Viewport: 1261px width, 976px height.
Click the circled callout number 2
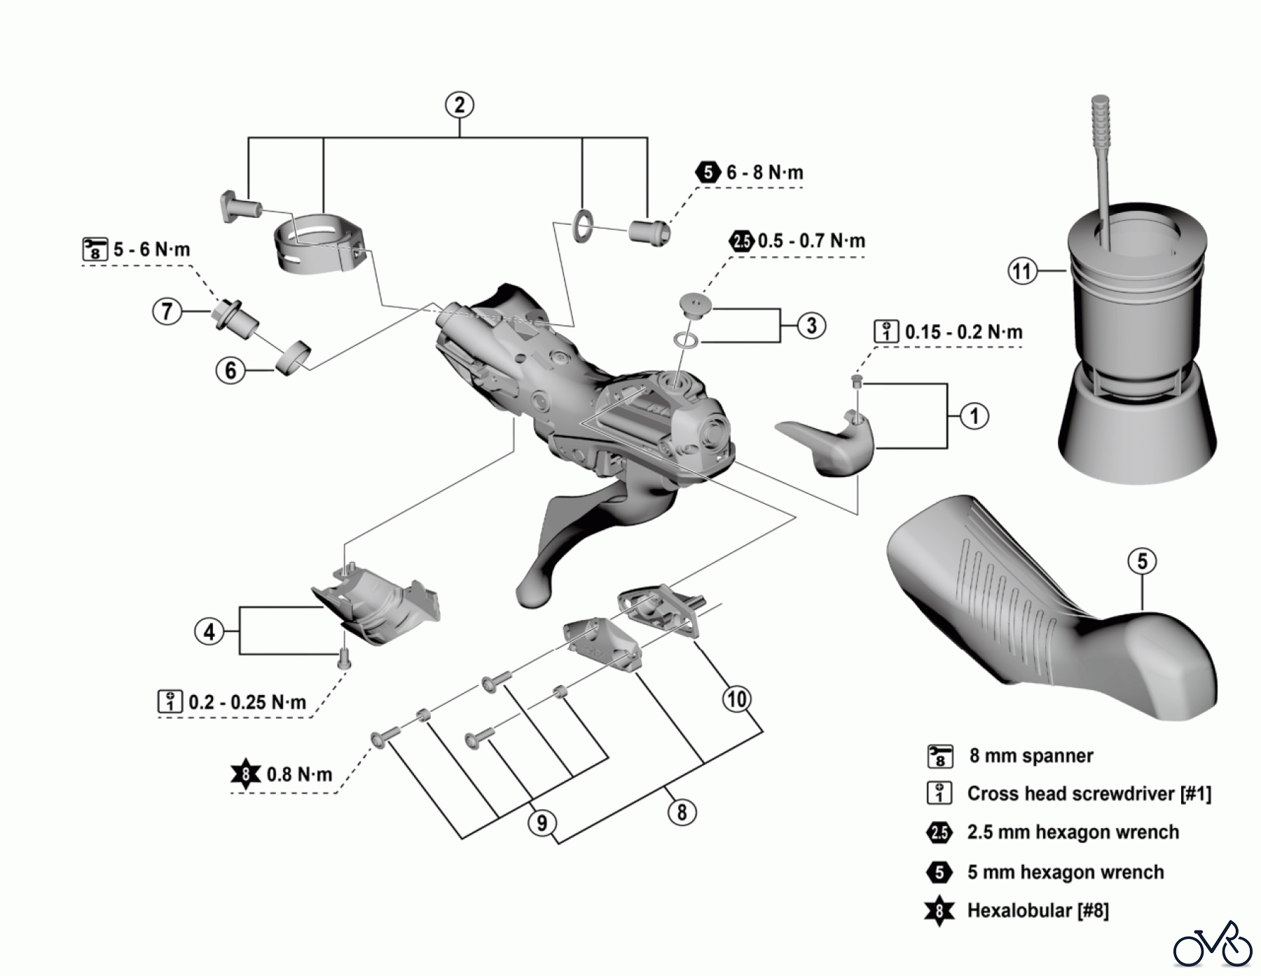coord(460,105)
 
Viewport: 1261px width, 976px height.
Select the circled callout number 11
coord(1022,270)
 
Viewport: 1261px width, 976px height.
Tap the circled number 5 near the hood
coord(1143,561)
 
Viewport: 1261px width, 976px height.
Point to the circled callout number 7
coord(167,310)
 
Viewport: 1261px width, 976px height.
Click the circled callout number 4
coord(209,632)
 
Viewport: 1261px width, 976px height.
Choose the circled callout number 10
coord(736,699)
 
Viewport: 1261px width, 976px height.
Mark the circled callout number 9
coord(542,822)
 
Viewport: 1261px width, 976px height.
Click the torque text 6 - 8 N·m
coord(764,172)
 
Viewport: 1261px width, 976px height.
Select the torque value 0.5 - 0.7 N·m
coord(811,241)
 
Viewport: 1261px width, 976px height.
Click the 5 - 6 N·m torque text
coord(151,249)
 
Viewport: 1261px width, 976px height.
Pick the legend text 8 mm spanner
coord(1031,756)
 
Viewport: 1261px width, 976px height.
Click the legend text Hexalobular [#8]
coord(1038,911)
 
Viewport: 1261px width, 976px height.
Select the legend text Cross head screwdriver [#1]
coord(1089,794)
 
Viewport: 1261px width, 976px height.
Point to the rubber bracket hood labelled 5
coord(1051,617)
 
